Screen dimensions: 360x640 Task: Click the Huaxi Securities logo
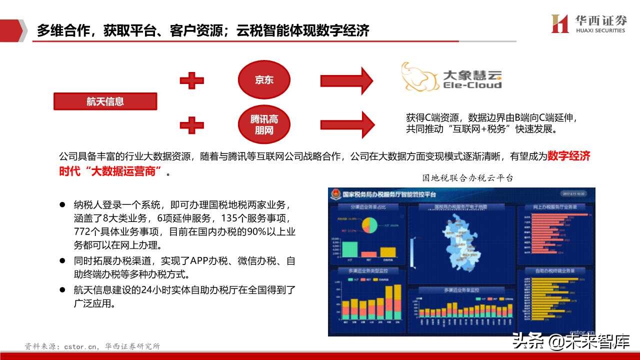[x=588, y=23]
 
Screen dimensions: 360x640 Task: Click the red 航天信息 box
[x=105, y=101]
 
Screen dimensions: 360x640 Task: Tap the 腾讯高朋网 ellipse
[x=264, y=125]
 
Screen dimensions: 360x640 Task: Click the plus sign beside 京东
[x=191, y=80]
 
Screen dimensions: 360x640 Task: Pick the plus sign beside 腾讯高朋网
[x=191, y=125]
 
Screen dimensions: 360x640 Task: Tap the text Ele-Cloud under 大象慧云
[x=472, y=85]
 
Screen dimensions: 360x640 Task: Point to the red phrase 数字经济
[x=569, y=156]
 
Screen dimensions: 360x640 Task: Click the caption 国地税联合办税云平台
[x=467, y=178]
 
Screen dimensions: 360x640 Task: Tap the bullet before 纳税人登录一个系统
[x=62, y=205]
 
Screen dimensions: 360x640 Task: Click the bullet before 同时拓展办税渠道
[x=62, y=260]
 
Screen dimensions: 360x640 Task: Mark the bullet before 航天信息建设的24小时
[x=62, y=289]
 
